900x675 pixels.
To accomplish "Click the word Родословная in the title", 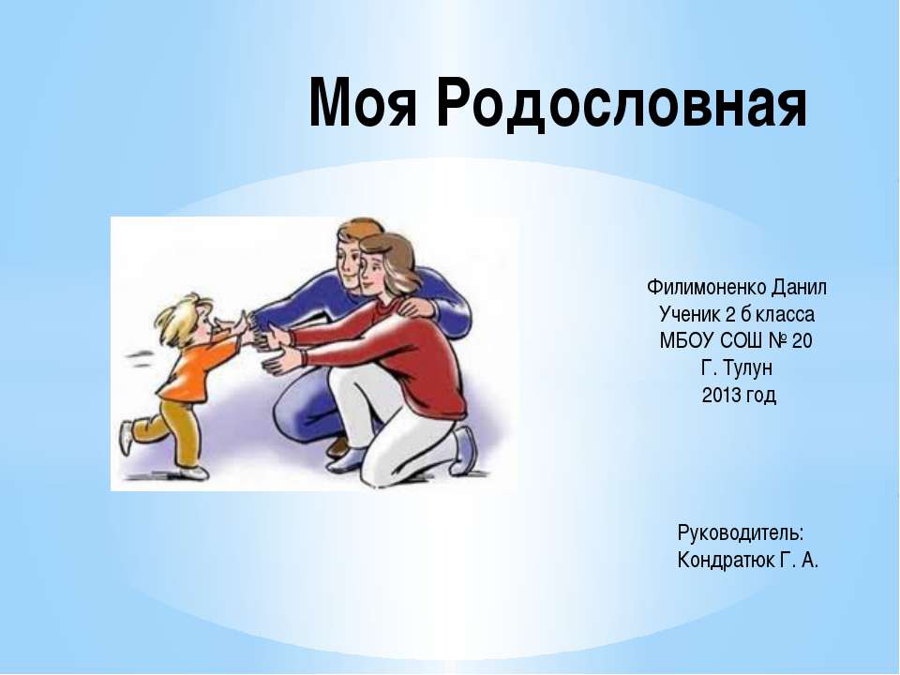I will point(620,102).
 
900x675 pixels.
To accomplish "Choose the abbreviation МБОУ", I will point(686,340).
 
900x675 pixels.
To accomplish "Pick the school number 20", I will point(803,340).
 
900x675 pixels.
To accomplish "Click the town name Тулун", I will point(749,367).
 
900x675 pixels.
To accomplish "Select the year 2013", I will point(720,395).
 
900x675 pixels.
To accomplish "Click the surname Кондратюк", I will point(725,561).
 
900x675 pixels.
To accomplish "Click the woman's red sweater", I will point(412,356).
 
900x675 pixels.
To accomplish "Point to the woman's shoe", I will point(465,450).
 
